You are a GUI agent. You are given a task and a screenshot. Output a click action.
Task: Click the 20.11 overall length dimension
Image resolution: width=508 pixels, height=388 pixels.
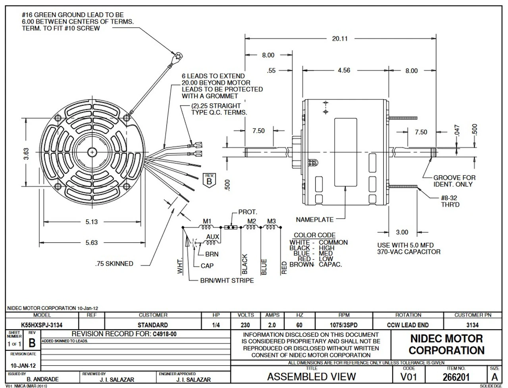(x=339, y=38)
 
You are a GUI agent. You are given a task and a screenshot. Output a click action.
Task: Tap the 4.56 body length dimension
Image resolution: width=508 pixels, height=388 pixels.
(x=344, y=70)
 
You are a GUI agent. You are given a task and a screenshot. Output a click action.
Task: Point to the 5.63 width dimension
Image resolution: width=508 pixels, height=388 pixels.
(x=92, y=242)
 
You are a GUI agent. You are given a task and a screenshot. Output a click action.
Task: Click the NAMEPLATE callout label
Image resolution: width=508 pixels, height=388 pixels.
(x=314, y=219)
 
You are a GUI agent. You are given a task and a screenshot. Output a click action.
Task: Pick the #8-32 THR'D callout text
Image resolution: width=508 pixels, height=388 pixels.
(x=450, y=201)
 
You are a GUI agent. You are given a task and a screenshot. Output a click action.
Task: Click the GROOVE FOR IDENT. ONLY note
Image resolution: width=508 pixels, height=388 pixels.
(x=454, y=181)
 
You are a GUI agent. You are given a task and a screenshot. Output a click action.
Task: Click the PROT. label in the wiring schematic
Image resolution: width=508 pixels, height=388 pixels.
(x=248, y=212)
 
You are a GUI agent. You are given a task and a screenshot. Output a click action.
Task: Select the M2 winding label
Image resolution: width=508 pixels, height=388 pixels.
(x=252, y=221)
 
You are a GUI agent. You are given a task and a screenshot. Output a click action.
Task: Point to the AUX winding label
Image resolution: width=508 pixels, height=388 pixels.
(x=213, y=237)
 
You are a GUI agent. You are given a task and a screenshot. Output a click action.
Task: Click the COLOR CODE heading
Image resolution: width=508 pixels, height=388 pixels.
(x=314, y=235)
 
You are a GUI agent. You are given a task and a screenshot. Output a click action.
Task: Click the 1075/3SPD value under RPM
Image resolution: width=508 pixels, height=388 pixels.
(x=344, y=325)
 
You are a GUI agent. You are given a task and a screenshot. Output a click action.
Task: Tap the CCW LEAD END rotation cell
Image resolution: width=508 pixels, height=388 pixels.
(x=408, y=325)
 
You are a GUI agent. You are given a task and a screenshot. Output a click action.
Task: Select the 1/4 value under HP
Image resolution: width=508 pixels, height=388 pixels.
(x=216, y=325)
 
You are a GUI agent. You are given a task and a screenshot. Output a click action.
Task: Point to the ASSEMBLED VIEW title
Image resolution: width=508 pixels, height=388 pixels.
(x=312, y=376)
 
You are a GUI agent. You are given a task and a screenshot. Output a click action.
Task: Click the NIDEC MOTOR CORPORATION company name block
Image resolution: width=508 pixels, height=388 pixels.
(x=446, y=344)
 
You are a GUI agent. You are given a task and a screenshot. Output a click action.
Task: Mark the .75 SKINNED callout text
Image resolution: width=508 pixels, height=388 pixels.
(x=114, y=263)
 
